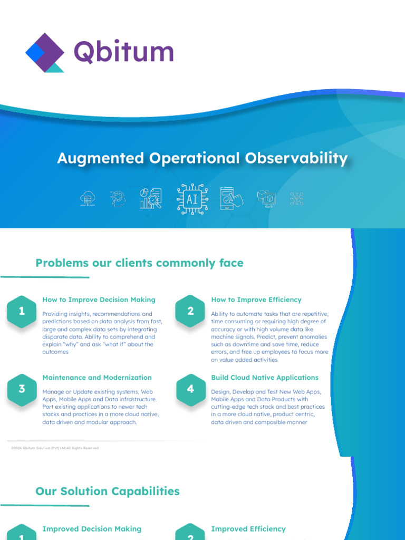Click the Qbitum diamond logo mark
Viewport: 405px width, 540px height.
click(x=45, y=52)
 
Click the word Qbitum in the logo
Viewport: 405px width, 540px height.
click(x=123, y=52)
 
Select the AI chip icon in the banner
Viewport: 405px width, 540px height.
click(x=192, y=199)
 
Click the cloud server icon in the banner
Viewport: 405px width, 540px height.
click(x=88, y=199)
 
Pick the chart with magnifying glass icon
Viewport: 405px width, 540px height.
click(x=151, y=199)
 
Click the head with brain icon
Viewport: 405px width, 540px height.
click(x=118, y=199)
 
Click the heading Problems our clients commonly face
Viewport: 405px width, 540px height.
click(x=139, y=263)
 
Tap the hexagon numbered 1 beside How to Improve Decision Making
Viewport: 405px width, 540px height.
click(x=22, y=311)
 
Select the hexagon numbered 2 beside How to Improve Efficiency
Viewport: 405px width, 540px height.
click(x=190, y=311)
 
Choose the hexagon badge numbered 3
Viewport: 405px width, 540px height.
click(x=22, y=389)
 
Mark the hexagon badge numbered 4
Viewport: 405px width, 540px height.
click(x=190, y=389)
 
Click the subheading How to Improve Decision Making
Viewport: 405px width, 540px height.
click(x=99, y=300)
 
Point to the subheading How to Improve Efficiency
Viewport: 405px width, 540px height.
click(x=256, y=300)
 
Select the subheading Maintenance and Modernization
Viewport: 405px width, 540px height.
click(x=97, y=378)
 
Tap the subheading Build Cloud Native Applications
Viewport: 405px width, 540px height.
click(x=265, y=378)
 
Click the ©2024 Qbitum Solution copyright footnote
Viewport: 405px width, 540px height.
click(x=55, y=448)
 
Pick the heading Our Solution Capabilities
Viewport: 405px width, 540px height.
click(x=108, y=491)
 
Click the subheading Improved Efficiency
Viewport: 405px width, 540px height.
click(x=248, y=529)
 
